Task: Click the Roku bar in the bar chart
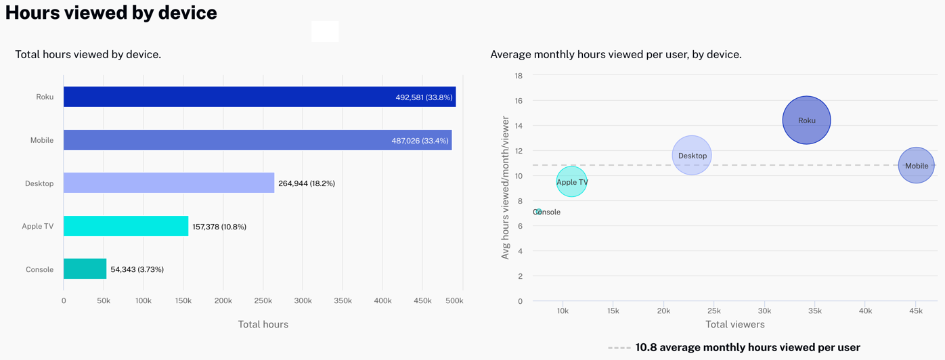[259, 97]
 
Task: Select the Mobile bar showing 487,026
[257, 140]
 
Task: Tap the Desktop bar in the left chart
[169, 183]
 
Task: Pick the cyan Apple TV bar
[126, 226]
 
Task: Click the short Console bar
[85, 269]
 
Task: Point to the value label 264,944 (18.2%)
[307, 183]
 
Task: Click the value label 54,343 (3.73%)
[137, 269]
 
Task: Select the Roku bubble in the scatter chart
[806, 120]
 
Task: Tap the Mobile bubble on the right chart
[917, 165]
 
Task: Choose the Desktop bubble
[692, 156]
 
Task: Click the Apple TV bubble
[572, 181]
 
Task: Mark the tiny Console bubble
[538, 212]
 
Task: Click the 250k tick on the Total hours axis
[263, 300]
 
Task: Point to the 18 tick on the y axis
[518, 76]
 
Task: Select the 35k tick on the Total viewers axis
[814, 311]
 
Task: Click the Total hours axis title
[263, 324]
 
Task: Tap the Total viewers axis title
[734, 324]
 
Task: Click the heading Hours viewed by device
[111, 12]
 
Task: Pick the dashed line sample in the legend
[619, 347]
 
